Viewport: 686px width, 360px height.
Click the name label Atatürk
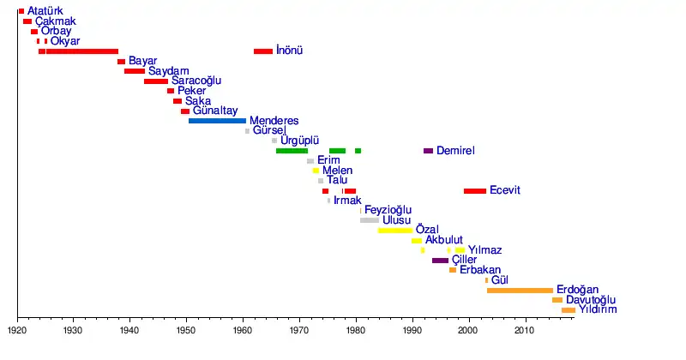pyautogui.click(x=45, y=11)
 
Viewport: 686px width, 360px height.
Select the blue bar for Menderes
pyautogui.click(x=217, y=121)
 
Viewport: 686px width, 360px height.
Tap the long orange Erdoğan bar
pyautogui.click(x=520, y=291)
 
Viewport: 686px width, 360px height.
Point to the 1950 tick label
pyautogui.click(x=187, y=329)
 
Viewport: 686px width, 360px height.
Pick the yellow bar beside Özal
pyautogui.click(x=394, y=231)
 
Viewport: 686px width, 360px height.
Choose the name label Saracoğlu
pyautogui.click(x=196, y=81)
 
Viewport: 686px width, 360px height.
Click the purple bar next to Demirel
pyautogui.click(x=428, y=151)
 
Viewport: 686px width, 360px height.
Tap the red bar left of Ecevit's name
pyautogui.click(x=475, y=191)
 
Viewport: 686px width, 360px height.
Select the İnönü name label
pyautogui.click(x=289, y=51)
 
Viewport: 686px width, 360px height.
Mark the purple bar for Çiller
pyautogui.click(x=440, y=261)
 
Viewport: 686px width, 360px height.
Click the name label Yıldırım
pyautogui.click(x=599, y=310)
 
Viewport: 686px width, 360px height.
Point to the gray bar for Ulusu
pyautogui.click(x=370, y=220)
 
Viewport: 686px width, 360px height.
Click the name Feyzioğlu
pyautogui.click(x=388, y=210)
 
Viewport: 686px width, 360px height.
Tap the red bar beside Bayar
pyautogui.click(x=121, y=62)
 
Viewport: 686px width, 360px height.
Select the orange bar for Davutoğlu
pyautogui.click(x=557, y=301)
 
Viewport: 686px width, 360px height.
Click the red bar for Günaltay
pyautogui.click(x=185, y=111)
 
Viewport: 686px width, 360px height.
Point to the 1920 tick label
pyautogui.click(x=17, y=329)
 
